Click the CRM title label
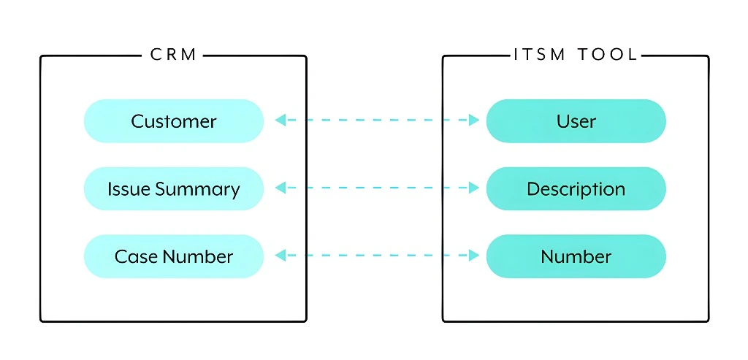coord(173,55)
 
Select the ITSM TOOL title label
coord(576,55)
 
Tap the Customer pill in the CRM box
coord(173,121)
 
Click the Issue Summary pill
coord(173,189)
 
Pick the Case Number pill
coord(173,256)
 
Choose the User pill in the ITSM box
coord(576,121)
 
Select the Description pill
coord(576,189)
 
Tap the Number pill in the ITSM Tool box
coord(576,256)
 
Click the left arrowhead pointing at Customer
coord(280,120)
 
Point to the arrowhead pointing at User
coord(473,120)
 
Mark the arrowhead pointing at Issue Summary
coord(280,188)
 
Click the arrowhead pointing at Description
coord(473,188)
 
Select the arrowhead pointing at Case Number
coord(280,256)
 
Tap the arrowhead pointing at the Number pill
coord(473,256)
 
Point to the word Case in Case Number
coord(136,257)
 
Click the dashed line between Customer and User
coord(377,120)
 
